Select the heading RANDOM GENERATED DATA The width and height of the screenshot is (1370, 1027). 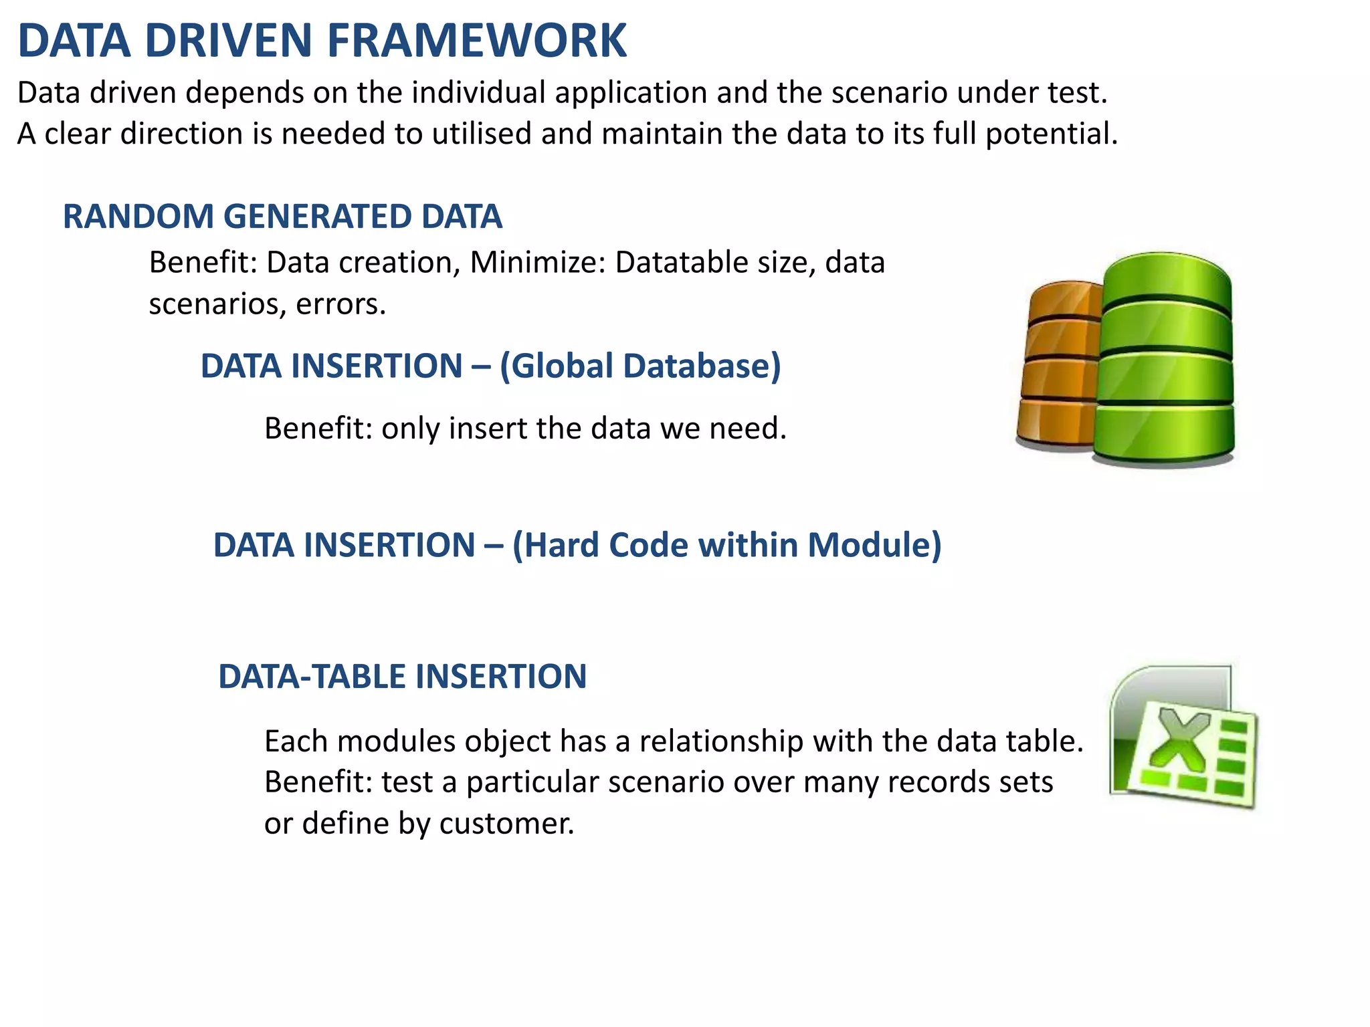(x=282, y=217)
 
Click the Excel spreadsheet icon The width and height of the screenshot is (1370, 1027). (x=1183, y=737)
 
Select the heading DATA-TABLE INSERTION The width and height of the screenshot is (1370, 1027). (x=402, y=677)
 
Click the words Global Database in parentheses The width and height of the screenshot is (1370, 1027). (x=640, y=366)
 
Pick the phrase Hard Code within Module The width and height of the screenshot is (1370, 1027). (x=726, y=545)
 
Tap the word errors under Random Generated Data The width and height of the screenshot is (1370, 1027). (x=340, y=305)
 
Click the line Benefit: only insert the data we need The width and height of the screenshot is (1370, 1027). (x=525, y=429)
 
